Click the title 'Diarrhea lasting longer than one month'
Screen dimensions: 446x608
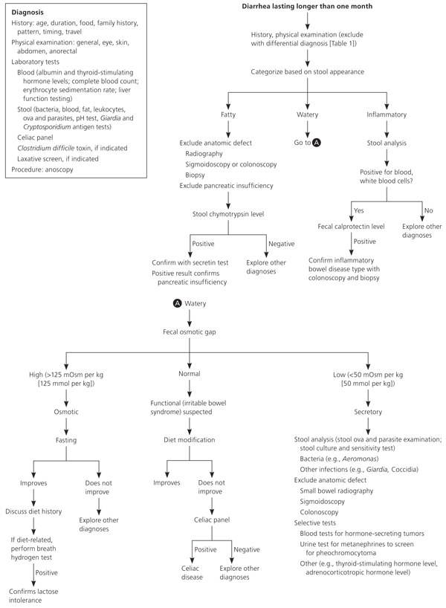coord(307,6)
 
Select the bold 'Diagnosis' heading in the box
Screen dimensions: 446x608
coord(28,13)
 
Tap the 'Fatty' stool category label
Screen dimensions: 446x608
coord(228,114)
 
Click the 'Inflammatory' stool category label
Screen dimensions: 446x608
coord(387,114)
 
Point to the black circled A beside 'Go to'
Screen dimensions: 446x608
coord(317,143)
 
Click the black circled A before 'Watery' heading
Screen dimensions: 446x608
coord(177,303)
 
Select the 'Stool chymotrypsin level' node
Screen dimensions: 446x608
coord(228,213)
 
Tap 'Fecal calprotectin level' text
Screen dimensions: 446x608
coord(351,227)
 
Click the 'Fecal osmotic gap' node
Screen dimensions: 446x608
coord(190,332)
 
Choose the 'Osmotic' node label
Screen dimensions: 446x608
coord(66,412)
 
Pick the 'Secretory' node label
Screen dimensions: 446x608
coord(368,412)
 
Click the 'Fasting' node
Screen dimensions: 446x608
coord(66,440)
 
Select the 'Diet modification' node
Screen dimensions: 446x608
coord(190,440)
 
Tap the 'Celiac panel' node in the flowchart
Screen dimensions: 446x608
coord(212,520)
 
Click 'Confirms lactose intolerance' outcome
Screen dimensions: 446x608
coord(33,595)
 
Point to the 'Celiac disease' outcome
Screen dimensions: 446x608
coord(192,573)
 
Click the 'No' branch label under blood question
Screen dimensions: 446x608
coord(429,210)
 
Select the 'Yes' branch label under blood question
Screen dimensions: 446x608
coord(359,210)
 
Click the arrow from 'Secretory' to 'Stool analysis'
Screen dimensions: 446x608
coord(368,427)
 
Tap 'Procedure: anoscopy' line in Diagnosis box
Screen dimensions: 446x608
coord(42,169)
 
